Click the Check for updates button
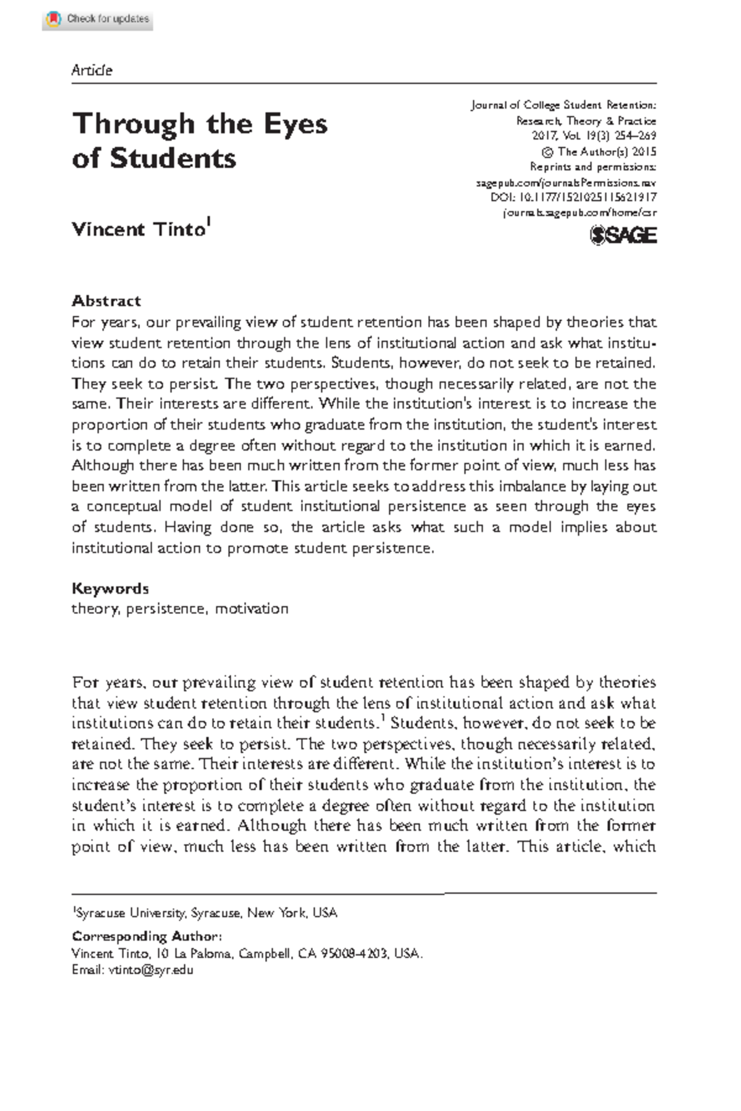click(x=98, y=19)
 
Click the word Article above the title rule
click(x=91, y=70)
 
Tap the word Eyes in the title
click(x=295, y=124)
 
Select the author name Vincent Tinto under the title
click(x=138, y=229)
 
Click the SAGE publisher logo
click(x=623, y=235)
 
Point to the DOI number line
click(x=573, y=198)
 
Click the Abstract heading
click(x=106, y=301)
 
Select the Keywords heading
click(x=110, y=588)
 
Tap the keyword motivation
click(x=251, y=609)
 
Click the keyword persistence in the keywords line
click(x=165, y=609)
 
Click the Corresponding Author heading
click(x=147, y=936)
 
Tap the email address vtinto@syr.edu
click(x=151, y=970)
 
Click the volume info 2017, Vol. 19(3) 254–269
click(x=593, y=136)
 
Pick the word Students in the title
click(x=173, y=159)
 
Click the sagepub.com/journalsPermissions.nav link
click(x=566, y=183)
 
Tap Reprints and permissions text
click(x=593, y=167)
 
